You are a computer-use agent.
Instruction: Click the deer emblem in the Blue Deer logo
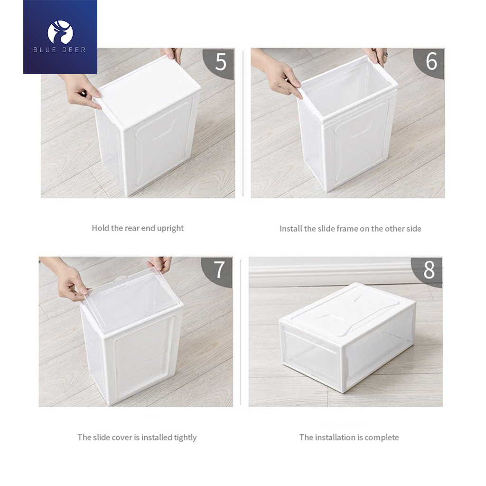(x=60, y=32)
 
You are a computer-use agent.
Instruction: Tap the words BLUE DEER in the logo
(x=59, y=50)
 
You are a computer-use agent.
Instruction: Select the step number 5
(x=221, y=62)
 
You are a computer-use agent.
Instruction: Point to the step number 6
(x=431, y=61)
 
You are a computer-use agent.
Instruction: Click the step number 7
(x=219, y=270)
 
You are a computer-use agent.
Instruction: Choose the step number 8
(x=429, y=270)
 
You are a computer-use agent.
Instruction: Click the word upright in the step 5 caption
(x=170, y=228)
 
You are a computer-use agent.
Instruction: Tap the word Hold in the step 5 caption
(x=100, y=228)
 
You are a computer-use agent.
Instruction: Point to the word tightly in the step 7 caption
(x=185, y=438)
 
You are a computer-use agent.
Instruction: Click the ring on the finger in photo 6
(x=385, y=55)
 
